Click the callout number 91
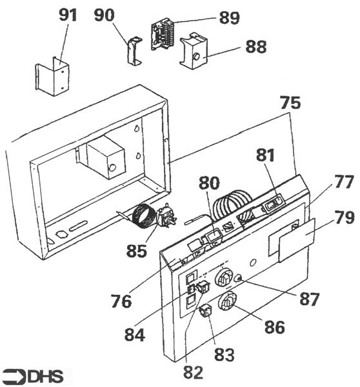pyautogui.click(x=68, y=15)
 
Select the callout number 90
pyautogui.click(x=105, y=15)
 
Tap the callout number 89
pyautogui.click(x=230, y=18)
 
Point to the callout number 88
pyautogui.click(x=256, y=46)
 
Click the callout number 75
pyautogui.click(x=290, y=103)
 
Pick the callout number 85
pyautogui.click(x=137, y=251)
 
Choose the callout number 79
pyautogui.click(x=345, y=217)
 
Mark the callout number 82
pyautogui.click(x=193, y=372)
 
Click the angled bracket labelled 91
pyautogui.click(x=52, y=77)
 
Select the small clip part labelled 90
pyautogui.click(x=135, y=51)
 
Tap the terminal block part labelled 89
pyautogui.click(x=163, y=34)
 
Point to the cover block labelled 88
pyautogui.click(x=194, y=51)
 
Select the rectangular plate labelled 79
pyautogui.click(x=297, y=240)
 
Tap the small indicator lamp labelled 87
pyautogui.click(x=239, y=279)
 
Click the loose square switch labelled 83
pyautogui.click(x=206, y=310)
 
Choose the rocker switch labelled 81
pyautogui.click(x=274, y=203)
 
